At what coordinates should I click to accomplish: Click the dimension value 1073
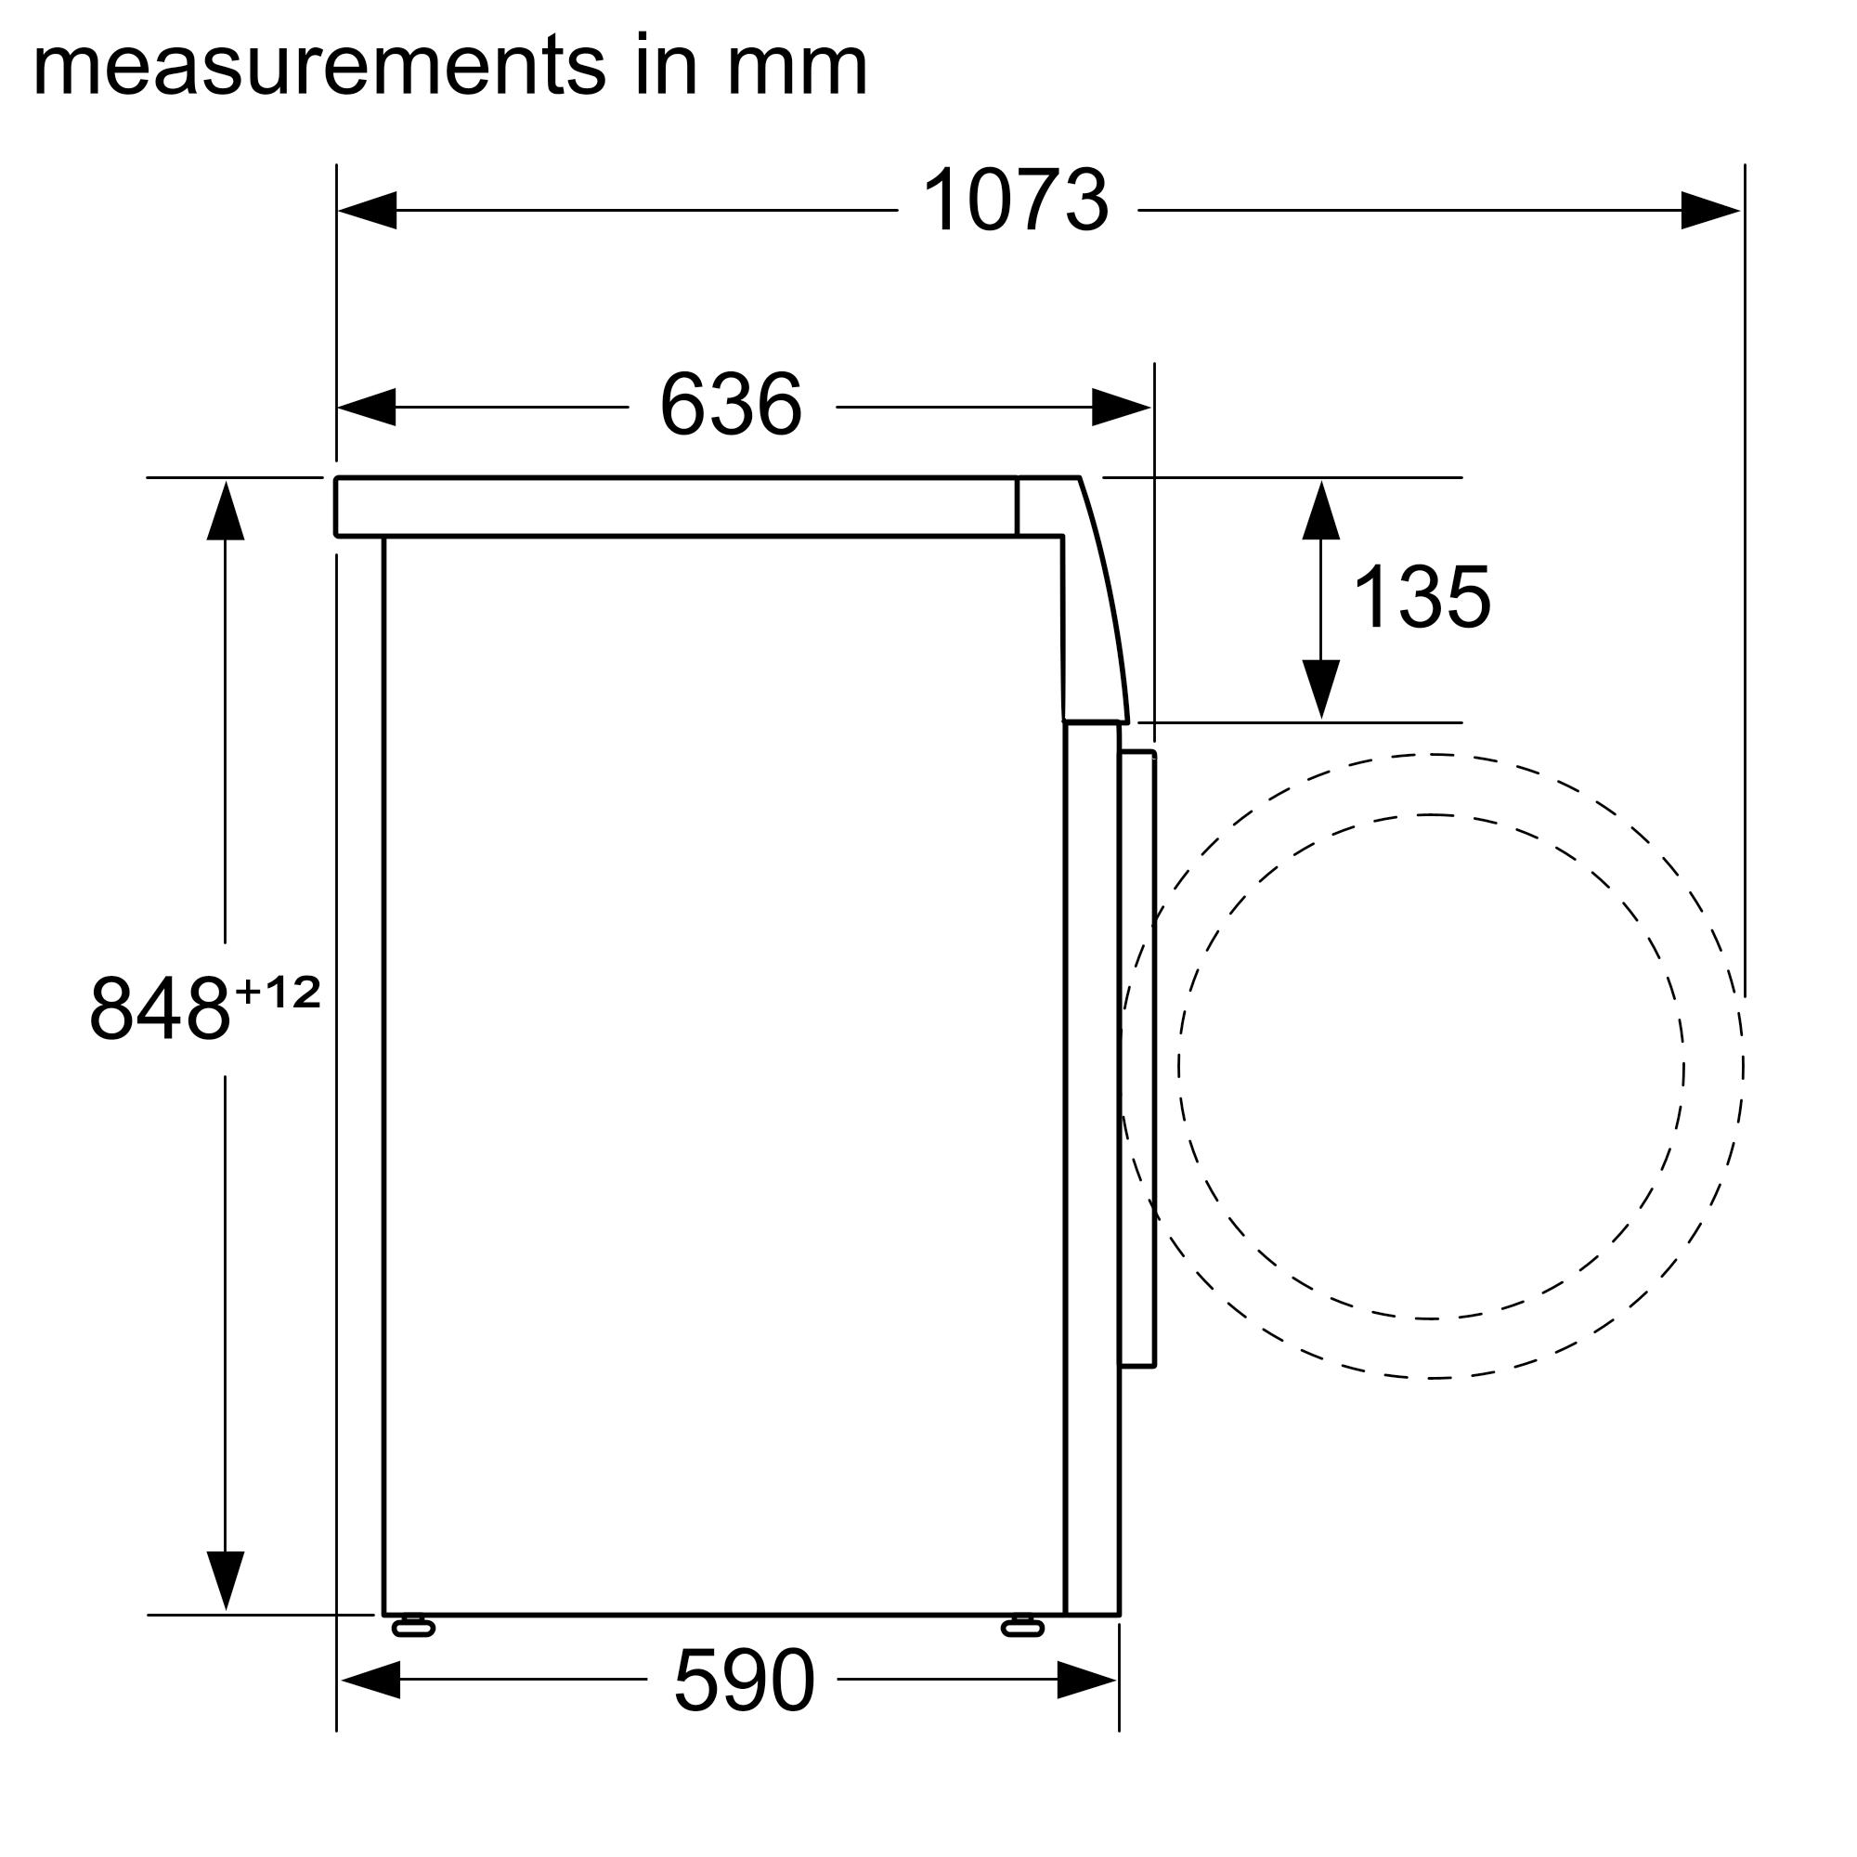(x=1015, y=201)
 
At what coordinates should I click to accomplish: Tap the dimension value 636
(x=731, y=405)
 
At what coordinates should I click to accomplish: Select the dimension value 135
(x=1421, y=598)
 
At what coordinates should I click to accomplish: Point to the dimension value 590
(x=744, y=1682)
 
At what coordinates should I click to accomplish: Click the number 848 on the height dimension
(x=160, y=1008)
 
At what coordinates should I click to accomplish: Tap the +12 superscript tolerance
(x=278, y=992)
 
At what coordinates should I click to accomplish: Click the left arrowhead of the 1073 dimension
(x=367, y=211)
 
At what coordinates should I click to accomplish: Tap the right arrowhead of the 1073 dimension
(x=1711, y=211)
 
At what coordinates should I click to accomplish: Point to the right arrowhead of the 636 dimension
(x=1122, y=408)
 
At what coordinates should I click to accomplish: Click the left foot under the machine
(x=413, y=1627)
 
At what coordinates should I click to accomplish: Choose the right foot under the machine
(x=1021, y=1627)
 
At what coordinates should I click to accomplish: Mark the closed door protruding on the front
(x=1138, y=1058)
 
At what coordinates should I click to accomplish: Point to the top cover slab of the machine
(x=673, y=507)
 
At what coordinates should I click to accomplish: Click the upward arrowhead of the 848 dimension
(x=225, y=512)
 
